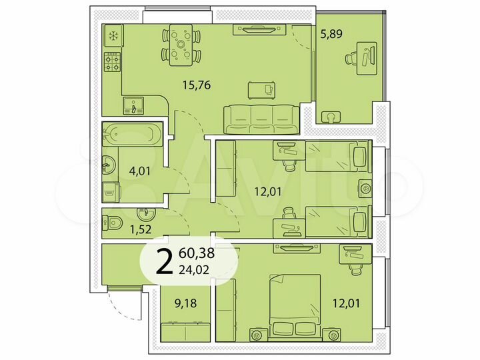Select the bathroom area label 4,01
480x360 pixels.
click(139, 171)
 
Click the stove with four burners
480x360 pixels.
click(112, 63)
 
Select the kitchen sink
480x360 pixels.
click(134, 105)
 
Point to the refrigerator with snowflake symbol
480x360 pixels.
click(111, 36)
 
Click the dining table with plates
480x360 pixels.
click(180, 44)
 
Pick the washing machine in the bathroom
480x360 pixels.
click(111, 191)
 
